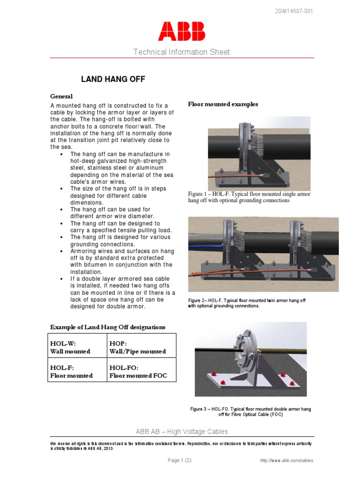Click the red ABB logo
click(181, 31)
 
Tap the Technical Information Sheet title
click(181, 52)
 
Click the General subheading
click(62, 96)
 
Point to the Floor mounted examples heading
click(223, 104)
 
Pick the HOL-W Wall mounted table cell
click(77, 347)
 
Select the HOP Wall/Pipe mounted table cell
click(142, 347)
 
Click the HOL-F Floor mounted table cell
click(77, 371)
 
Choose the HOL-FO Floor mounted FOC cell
click(142, 371)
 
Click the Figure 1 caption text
click(249, 197)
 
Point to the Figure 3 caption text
click(250, 412)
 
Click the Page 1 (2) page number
click(180, 460)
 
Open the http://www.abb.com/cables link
click(286, 461)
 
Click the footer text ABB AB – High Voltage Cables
click(181, 431)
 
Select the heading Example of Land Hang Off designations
click(107, 327)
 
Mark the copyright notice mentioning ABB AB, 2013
click(181, 445)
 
